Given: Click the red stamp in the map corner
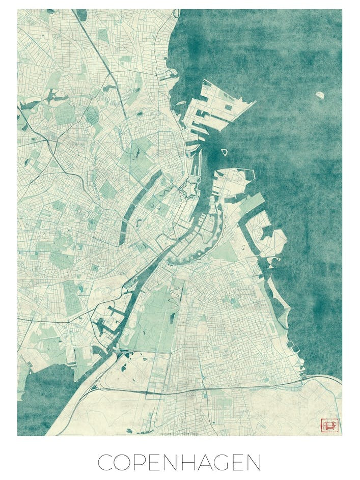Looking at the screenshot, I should coord(328,425).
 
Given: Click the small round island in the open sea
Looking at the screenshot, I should coord(320,95).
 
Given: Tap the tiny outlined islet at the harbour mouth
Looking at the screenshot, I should coord(224,152).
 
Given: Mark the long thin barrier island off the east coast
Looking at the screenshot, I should coord(281,305).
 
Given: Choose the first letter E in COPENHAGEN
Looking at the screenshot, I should coord(159,462).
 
